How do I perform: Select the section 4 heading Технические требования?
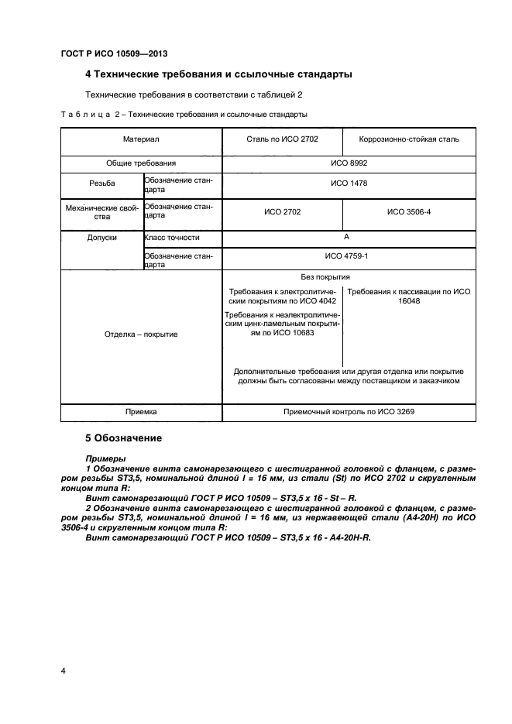point(218,75)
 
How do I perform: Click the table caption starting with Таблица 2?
point(184,114)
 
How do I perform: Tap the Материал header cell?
point(140,139)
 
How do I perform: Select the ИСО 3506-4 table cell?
point(410,211)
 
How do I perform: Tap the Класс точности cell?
point(171,238)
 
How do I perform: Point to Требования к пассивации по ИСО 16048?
point(410,297)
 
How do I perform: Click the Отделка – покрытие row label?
point(140,335)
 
